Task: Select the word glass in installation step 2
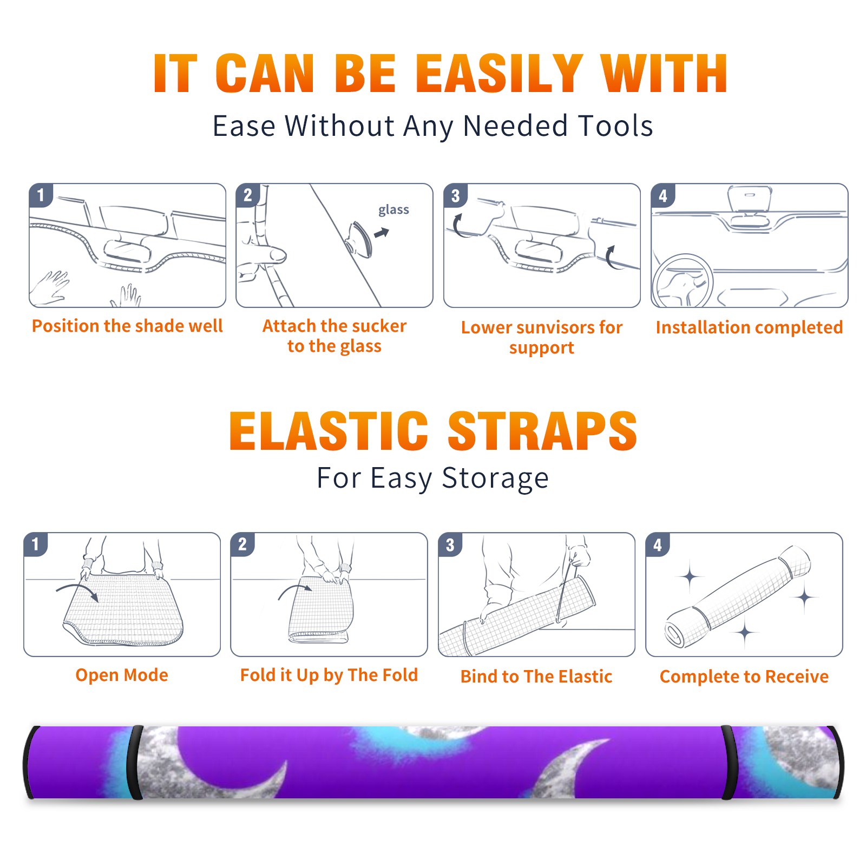click(393, 209)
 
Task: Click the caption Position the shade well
click(127, 326)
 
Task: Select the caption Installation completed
click(749, 327)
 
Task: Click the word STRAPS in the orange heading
click(542, 431)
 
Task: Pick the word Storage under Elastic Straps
click(495, 478)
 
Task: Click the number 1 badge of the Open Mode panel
click(36, 544)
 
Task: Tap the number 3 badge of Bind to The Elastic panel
click(450, 544)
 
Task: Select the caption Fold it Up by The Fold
click(329, 675)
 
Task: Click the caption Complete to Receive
click(744, 676)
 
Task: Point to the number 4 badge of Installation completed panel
click(662, 195)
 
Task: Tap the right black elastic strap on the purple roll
click(729, 762)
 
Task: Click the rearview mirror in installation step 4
click(750, 199)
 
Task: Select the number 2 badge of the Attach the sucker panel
click(248, 195)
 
